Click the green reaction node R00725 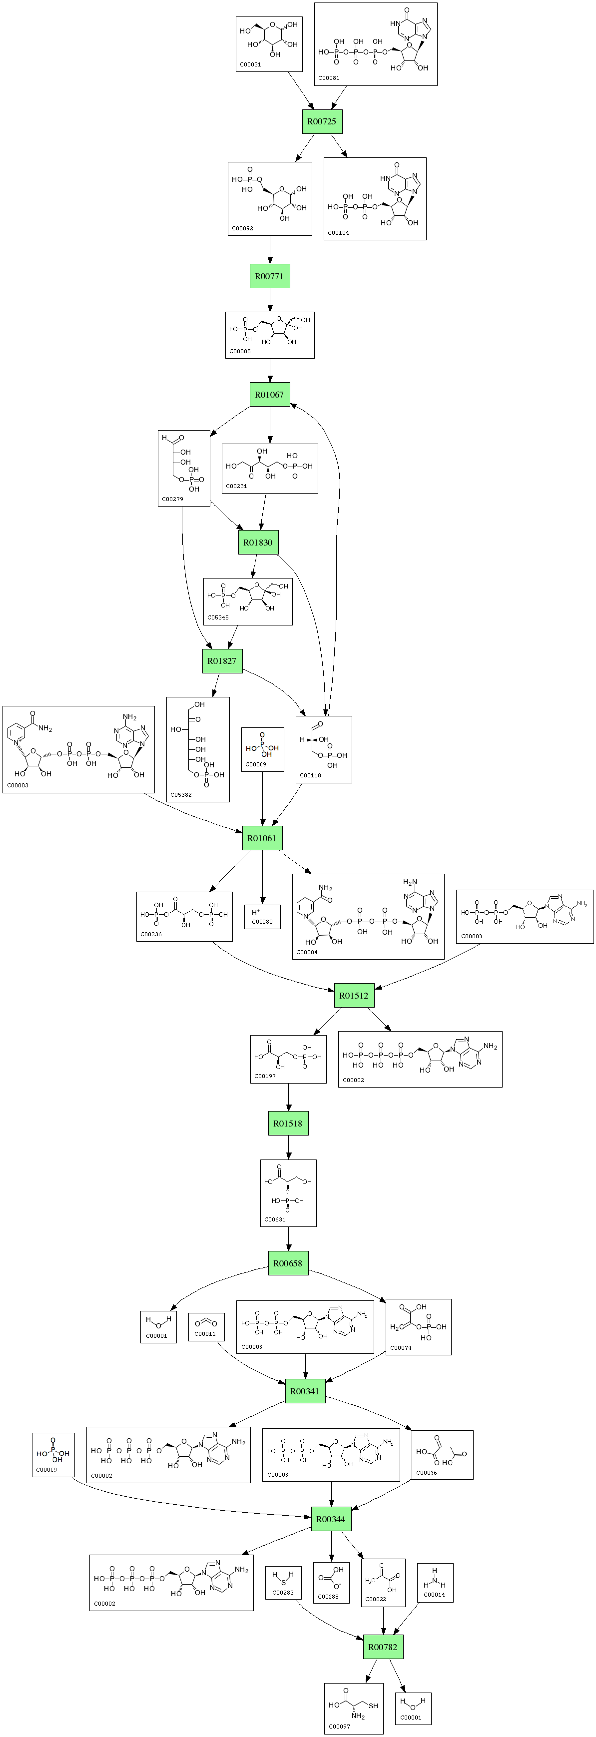322,121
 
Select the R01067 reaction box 270,395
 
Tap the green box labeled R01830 258,542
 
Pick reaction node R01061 262,838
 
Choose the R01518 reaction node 289,1124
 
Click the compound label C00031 250,65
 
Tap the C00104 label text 338,233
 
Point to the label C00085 240,351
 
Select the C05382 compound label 181,794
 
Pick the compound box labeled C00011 206,1326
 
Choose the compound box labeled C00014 435,1583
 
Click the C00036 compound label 427,1473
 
